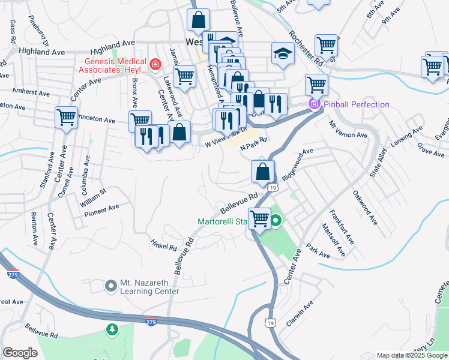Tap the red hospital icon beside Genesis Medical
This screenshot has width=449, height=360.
[x=155, y=63]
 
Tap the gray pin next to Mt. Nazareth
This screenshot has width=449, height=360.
[x=110, y=286]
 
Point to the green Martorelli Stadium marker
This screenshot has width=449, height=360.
[x=276, y=222]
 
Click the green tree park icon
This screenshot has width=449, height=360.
[x=111, y=329]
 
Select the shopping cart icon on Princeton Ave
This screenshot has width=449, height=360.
[x=66, y=117]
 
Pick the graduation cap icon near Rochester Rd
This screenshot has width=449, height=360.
[x=282, y=53]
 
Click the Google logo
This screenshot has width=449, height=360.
[x=20, y=352]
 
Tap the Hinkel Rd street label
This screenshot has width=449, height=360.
[x=164, y=244]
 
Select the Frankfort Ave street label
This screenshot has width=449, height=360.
[x=342, y=226]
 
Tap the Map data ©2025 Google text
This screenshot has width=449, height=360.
[x=412, y=355]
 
